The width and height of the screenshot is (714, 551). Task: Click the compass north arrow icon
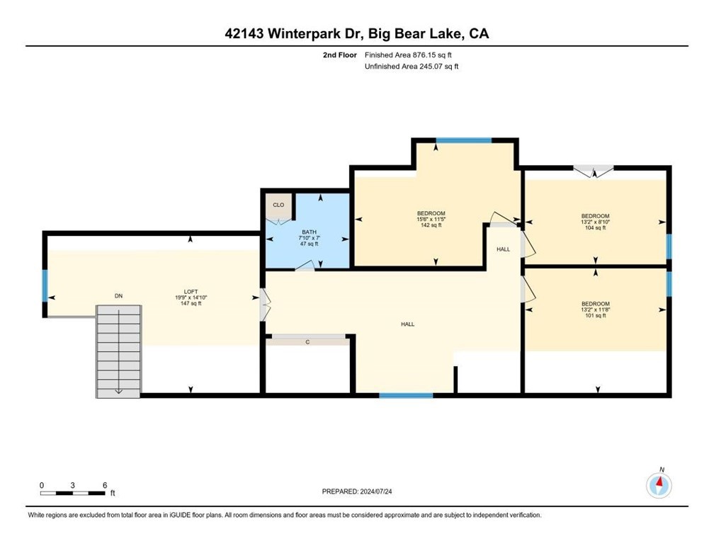(x=659, y=485)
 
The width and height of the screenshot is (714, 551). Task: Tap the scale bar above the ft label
(x=73, y=493)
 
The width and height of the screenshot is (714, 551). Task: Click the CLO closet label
(x=278, y=205)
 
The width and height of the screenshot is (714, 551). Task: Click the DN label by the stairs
(x=118, y=296)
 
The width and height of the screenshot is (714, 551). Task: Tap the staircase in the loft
(x=118, y=351)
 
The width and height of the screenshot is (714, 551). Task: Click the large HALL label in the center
(x=407, y=324)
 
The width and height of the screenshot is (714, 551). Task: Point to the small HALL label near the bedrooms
(x=503, y=249)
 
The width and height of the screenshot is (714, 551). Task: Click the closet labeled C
(x=307, y=341)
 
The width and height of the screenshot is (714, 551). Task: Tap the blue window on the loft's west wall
(x=45, y=286)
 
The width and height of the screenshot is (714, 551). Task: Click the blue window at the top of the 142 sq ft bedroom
(x=463, y=140)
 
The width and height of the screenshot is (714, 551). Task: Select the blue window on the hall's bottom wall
(x=406, y=395)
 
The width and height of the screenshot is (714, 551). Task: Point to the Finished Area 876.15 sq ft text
(x=408, y=55)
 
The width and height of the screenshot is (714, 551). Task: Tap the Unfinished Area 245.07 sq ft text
(x=412, y=67)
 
